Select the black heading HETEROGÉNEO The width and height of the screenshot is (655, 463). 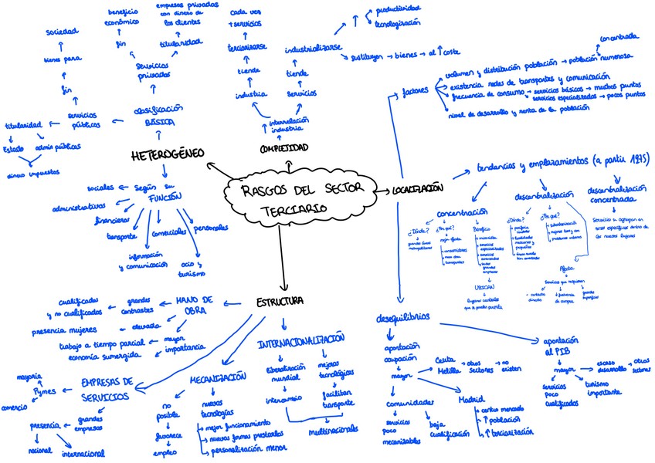[167, 155]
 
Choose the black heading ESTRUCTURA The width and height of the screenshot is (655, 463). [280, 301]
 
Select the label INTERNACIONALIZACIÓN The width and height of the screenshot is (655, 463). [300, 340]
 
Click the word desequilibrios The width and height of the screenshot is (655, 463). [405, 318]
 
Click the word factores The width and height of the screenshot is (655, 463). [415, 93]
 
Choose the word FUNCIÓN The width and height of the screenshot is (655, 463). [166, 197]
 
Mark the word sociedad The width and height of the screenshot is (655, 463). [62, 32]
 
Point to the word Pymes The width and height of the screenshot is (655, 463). [43, 391]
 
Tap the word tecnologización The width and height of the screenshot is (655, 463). [398, 23]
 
